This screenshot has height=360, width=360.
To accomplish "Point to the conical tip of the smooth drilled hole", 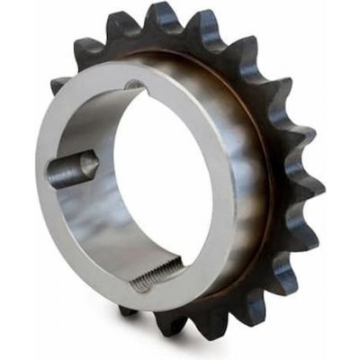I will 93,164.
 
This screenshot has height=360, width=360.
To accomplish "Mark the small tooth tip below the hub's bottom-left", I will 126,310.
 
